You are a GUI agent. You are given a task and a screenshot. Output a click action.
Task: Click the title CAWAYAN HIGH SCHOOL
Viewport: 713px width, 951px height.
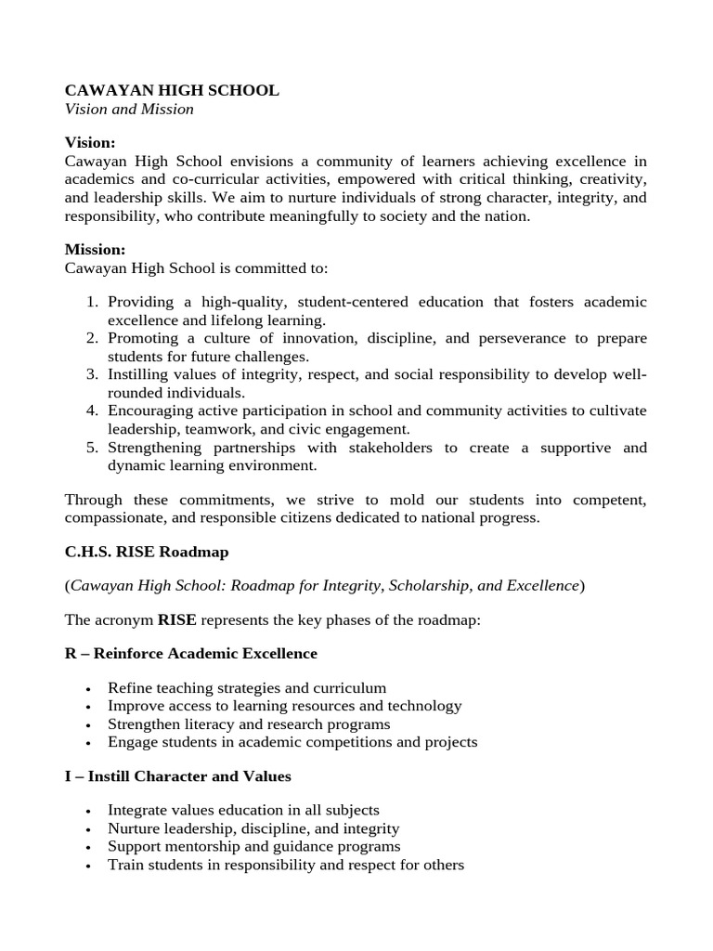pos(171,90)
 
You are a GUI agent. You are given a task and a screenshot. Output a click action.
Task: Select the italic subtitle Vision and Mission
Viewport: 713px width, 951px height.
pos(129,109)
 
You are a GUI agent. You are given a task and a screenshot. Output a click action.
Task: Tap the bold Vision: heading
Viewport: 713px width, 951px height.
pos(90,142)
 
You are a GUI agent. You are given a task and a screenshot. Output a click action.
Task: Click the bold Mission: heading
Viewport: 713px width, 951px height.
pos(95,249)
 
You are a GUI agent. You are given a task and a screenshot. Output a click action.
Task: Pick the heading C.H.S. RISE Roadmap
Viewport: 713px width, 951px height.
pos(147,552)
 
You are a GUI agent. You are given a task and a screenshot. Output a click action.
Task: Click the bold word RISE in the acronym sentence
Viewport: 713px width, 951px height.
pos(176,620)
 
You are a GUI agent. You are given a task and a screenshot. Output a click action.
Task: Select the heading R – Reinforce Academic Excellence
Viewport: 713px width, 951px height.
pos(191,654)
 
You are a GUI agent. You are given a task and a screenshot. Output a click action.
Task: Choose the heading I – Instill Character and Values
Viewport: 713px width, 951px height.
pos(178,775)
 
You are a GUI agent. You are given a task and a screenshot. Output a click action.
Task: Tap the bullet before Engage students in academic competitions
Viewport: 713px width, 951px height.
pos(87,744)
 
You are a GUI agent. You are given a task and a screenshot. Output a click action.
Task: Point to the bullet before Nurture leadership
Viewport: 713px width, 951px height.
pos(87,829)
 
